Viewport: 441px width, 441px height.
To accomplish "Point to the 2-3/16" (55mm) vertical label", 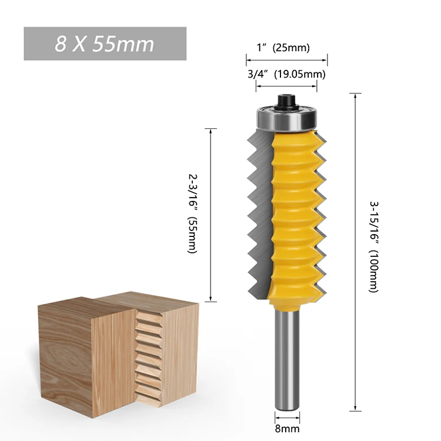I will (193, 213).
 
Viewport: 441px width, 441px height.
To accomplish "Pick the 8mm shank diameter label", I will (286, 429).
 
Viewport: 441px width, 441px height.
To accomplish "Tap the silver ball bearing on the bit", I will (287, 118).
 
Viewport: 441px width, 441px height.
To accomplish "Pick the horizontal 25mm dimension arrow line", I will (286, 59).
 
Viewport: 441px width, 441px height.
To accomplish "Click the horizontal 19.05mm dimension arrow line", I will (286, 85).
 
